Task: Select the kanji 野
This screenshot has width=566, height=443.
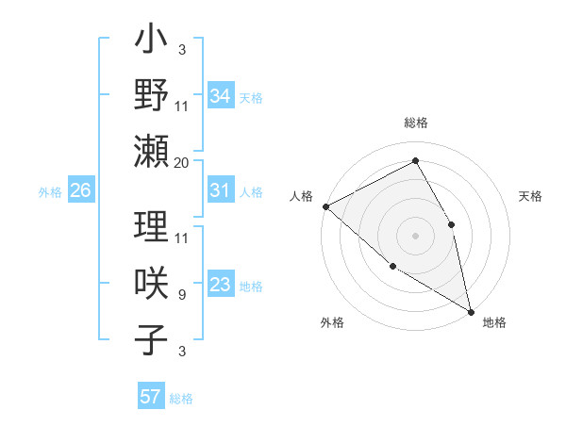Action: pyautogui.click(x=152, y=94)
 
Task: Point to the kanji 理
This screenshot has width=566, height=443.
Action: pyautogui.click(x=152, y=228)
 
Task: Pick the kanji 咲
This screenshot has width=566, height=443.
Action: pyautogui.click(x=152, y=284)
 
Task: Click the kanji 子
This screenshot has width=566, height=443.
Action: pyautogui.click(x=152, y=338)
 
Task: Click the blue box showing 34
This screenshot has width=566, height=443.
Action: pyautogui.click(x=220, y=95)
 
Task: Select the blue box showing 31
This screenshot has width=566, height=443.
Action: pyautogui.click(x=220, y=190)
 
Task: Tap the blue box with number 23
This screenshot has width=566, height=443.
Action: pyautogui.click(x=220, y=286)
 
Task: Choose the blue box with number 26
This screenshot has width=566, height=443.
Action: pyautogui.click(x=80, y=190)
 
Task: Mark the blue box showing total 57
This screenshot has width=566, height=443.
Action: pyautogui.click(x=150, y=397)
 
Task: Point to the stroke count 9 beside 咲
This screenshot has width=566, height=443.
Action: pyautogui.click(x=181, y=295)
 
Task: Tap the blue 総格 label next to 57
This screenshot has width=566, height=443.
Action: pyautogui.click(x=181, y=398)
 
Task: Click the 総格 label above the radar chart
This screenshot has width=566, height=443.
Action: pyautogui.click(x=416, y=123)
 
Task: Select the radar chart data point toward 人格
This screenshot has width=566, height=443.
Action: pyautogui.click(x=325, y=205)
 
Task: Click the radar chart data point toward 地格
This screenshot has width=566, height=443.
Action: pyautogui.click(x=471, y=310)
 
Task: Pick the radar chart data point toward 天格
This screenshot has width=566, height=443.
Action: pyautogui.click(x=452, y=224)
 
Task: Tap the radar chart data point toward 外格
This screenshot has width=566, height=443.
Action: pyautogui.click(x=392, y=266)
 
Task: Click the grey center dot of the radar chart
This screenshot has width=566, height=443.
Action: pyautogui.click(x=415, y=236)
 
